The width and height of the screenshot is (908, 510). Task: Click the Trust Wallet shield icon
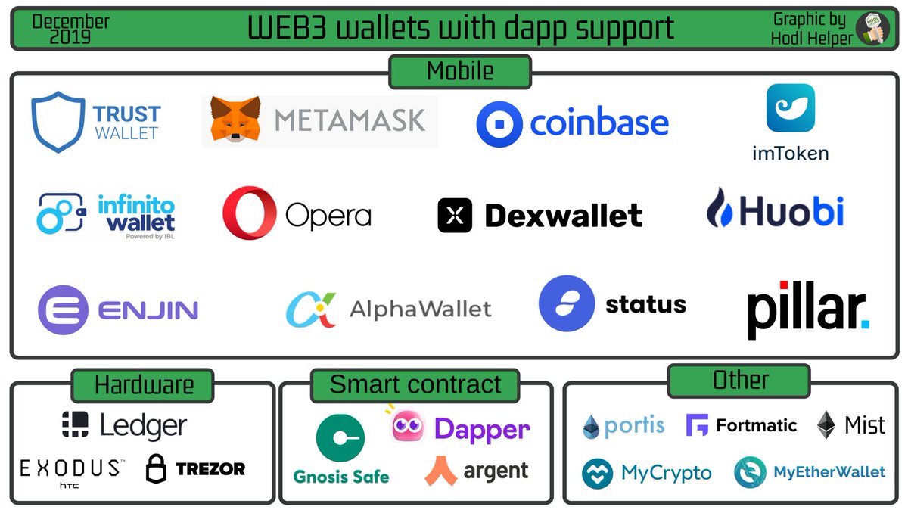[58, 122]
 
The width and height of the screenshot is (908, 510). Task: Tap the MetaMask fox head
[235, 120]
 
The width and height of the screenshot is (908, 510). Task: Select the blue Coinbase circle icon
[499, 124]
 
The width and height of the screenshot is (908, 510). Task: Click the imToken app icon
[790, 108]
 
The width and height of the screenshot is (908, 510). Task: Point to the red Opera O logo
[248, 213]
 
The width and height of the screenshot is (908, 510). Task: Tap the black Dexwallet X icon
[455, 216]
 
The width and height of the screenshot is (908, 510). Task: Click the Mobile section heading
[460, 72]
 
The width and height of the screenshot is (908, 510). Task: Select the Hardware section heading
[143, 385]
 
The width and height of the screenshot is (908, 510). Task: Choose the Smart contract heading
[415, 384]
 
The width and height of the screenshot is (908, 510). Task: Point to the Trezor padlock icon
[156, 469]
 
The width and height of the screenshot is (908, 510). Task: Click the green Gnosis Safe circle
[340, 439]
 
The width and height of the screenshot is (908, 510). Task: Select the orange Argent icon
[440, 471]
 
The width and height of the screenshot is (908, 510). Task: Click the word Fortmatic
[756, 425]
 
